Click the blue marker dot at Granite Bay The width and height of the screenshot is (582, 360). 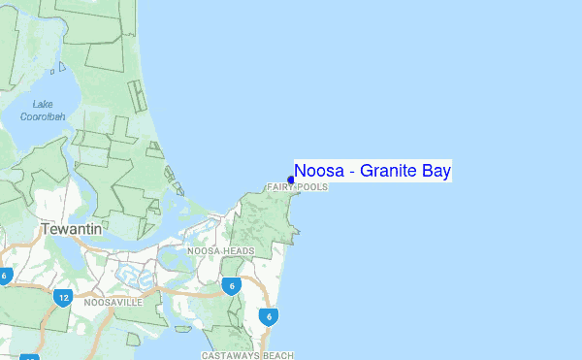coord(291,179)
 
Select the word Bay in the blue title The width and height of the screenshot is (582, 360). coord(437,172)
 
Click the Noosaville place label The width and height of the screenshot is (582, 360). coord(113,303)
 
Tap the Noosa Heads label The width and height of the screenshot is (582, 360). coord(220,250)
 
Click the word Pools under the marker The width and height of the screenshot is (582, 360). coord(314,186)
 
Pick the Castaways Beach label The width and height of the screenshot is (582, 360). coord(247,355)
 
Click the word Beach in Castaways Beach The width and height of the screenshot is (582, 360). coord(277,355)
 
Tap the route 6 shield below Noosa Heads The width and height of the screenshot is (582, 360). coord(231,285)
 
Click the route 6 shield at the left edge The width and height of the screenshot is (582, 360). coord(4,276)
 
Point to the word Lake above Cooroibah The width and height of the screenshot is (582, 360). coord(44,104)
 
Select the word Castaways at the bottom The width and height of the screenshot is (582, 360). coord(231,355)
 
